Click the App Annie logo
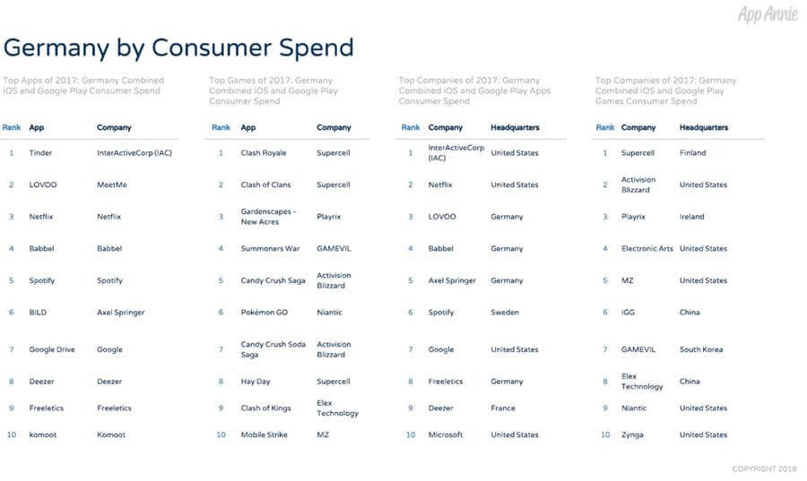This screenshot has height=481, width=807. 768,13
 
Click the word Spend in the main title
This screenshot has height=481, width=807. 316,48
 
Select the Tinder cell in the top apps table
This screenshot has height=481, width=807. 40,152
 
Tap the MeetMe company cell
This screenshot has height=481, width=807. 112,185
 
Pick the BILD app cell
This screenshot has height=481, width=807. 38,312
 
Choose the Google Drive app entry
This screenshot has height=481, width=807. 52,349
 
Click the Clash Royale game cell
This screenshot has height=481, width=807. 264,152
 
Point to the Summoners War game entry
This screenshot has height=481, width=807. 270,248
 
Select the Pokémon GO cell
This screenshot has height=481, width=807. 264,312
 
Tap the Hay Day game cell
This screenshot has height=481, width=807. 256,382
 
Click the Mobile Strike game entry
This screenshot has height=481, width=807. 264,434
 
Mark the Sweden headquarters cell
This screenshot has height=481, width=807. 505,312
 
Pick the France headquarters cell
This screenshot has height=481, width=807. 503,408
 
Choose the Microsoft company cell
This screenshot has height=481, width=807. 446,434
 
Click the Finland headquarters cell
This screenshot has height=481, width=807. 693,152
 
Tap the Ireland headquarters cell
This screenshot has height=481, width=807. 691,217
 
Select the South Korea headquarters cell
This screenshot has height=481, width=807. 701,349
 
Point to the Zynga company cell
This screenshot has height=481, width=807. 632,434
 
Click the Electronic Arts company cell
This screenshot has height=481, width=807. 646,248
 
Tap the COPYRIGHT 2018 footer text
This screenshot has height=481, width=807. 764,468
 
